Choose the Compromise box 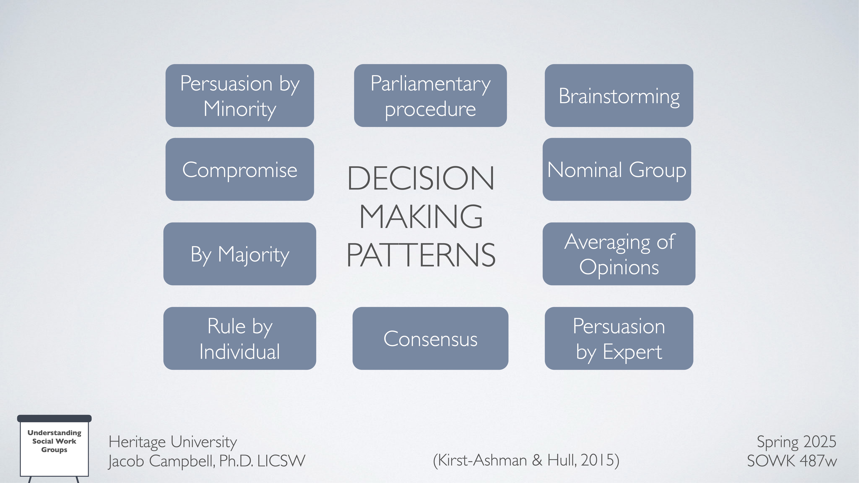coord(239,169)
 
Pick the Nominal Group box coord(617,169)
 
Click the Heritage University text coord(172,442)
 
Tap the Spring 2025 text coord(796,442)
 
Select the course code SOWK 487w coord(792,461)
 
